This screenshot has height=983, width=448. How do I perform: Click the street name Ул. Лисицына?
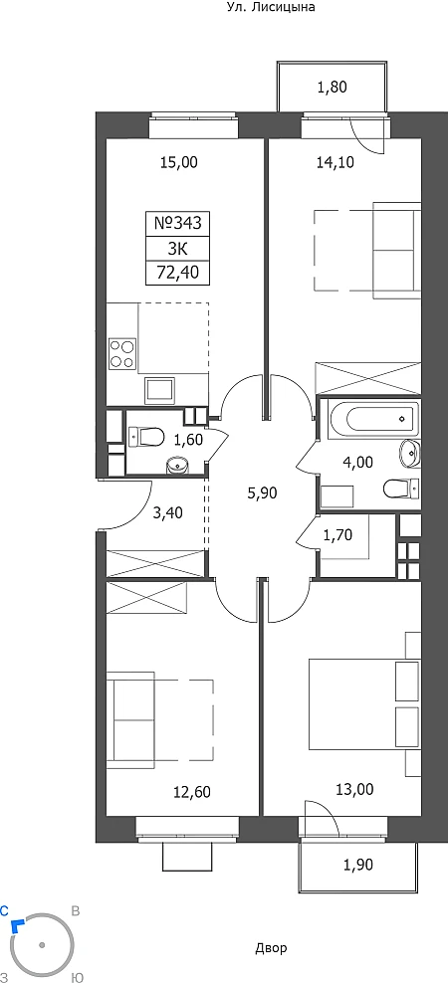pos(270,8)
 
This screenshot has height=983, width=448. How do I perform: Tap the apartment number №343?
pos(177,223)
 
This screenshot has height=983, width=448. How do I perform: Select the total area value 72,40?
pos(177,274)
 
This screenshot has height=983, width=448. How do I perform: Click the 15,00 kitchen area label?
pos(179,163)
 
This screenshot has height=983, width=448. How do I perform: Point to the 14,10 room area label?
pos(336,163)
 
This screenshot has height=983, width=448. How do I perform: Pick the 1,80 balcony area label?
pos(332,88)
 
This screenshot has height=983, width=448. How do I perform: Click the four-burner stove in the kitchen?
pos(122,353)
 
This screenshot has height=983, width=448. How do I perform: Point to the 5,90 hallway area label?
pos(262,492)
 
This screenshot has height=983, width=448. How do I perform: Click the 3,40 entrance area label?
pos(168,514)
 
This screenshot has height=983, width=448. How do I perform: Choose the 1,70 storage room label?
pos(337,534)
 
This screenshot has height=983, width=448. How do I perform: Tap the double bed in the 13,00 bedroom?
pos(364,702)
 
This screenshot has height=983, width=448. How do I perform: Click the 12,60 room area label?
pos(192,792)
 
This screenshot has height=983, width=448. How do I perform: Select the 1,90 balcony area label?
pos(357,866)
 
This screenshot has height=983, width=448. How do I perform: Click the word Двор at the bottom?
pos(272,947)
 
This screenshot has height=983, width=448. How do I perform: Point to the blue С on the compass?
pos(5,910)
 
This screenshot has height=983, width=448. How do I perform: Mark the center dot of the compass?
pos(42,945)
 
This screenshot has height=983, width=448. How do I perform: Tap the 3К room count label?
pos(177,249)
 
